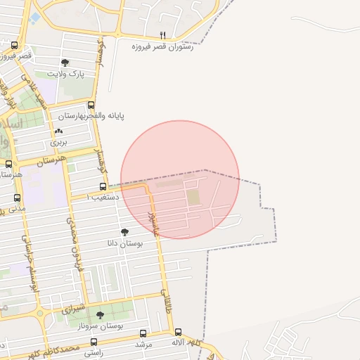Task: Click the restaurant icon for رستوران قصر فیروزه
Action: (163, 34)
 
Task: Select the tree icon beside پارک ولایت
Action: (65, 63)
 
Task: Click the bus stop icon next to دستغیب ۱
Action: (103, 187)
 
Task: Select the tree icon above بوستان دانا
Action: (125, 231)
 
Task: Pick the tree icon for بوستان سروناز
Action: (99, 316)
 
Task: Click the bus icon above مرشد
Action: (143, 333)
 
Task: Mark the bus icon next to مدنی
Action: (18, 198)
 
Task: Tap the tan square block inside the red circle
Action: (193, 198)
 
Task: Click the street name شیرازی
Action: (72, 309)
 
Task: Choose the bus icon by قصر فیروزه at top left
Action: (15, 46)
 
